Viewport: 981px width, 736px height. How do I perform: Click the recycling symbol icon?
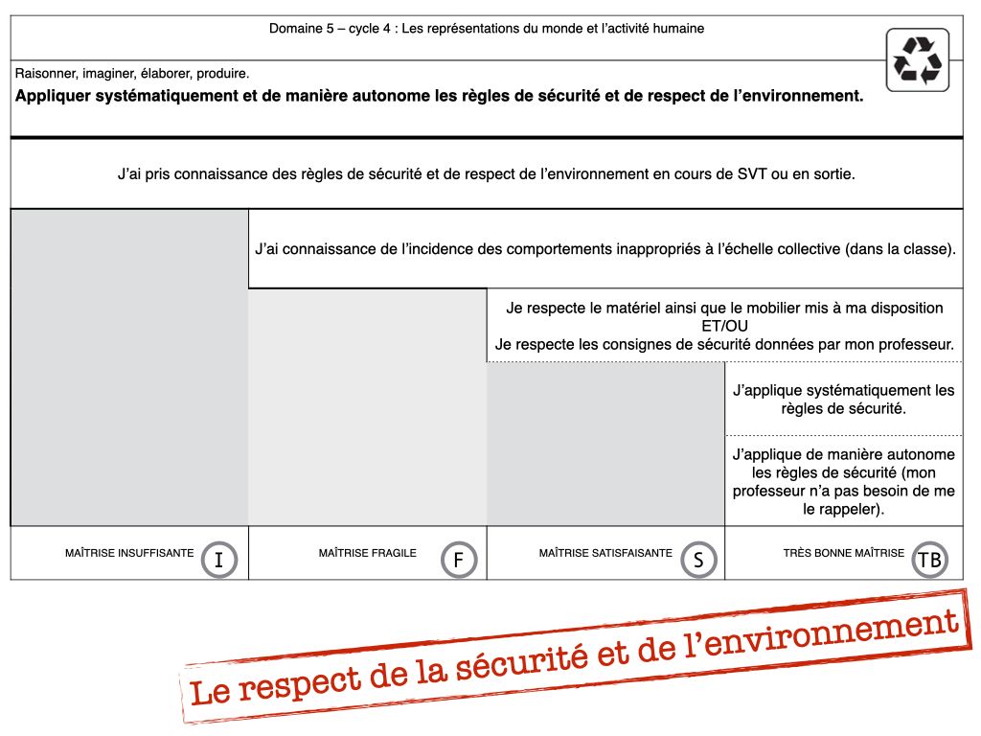coord(918,59)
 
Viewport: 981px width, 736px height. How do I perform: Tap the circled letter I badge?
coord(219,560)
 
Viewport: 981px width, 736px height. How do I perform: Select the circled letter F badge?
coord(459,560)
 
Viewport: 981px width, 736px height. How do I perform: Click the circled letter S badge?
coord(698,560)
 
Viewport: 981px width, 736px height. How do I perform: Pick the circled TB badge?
coord(929,560)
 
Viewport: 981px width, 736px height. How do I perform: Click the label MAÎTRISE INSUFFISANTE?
coord(129,553)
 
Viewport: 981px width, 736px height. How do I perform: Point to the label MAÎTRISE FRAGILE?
coord(368,553)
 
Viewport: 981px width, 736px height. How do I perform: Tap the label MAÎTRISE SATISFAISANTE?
coord(605,553)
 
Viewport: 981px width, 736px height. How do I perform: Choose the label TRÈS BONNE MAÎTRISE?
coord(843,553)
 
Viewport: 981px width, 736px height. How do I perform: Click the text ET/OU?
coord(724,326)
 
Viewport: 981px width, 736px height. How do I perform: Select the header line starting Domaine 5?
coord(487,29)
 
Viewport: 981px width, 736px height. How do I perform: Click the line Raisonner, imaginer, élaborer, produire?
coord(132,73)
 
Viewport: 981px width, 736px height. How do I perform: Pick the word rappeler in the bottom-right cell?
coord(851,510)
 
